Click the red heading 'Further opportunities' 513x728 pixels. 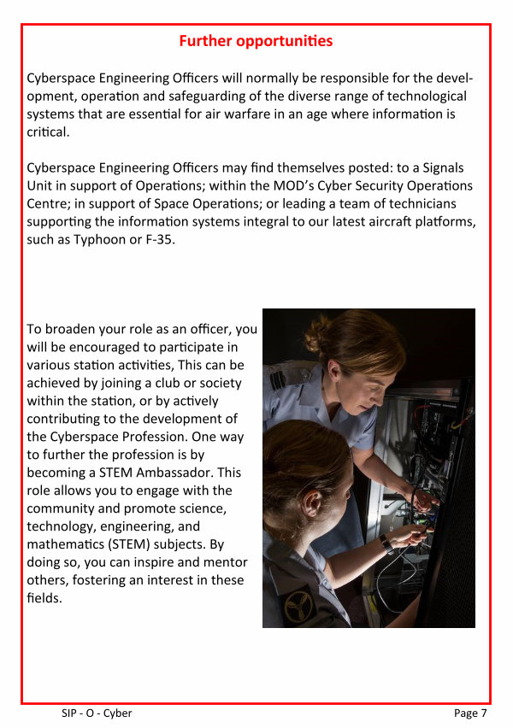(x=256, y=40)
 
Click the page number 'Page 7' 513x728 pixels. (x=470, y=713)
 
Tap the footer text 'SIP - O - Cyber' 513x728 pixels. (x=97, y=713)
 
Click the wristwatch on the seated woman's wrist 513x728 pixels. (x=386, y=543)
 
